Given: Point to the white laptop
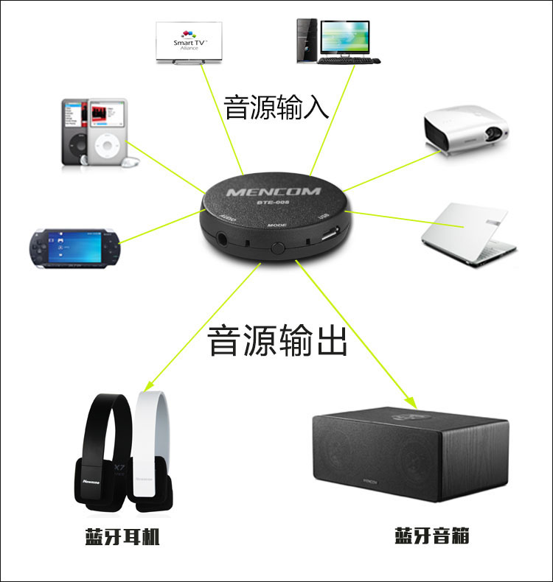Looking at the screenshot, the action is click(x=467, y=232).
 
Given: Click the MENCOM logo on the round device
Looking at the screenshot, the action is click(x=274, y=192).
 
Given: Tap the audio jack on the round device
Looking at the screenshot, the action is click(x=223, y=238).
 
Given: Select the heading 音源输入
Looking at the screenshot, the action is click(x=276, y=108).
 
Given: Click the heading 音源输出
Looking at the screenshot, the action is click(x=276, y=341).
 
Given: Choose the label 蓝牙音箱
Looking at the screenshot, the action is click(x=431, y=536).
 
